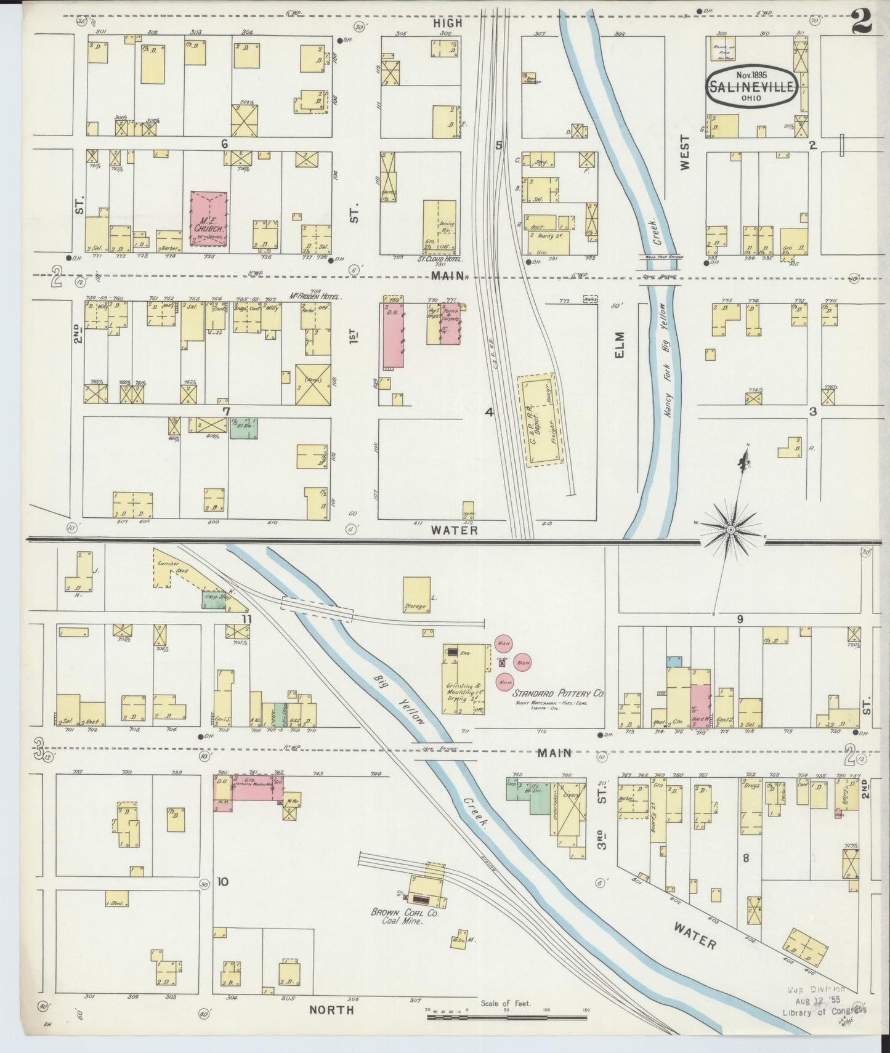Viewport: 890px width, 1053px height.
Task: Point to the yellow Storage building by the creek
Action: coord(417,595)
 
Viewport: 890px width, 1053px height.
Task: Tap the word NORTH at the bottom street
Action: coord(331,1010)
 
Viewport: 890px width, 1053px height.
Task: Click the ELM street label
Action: coord(618,345)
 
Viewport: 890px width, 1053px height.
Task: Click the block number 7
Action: coord(226,411)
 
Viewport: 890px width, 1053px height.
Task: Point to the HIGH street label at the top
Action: coord(447,23)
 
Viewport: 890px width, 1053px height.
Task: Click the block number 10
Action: coord(222,882)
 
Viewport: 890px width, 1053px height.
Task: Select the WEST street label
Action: coord(686,152)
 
